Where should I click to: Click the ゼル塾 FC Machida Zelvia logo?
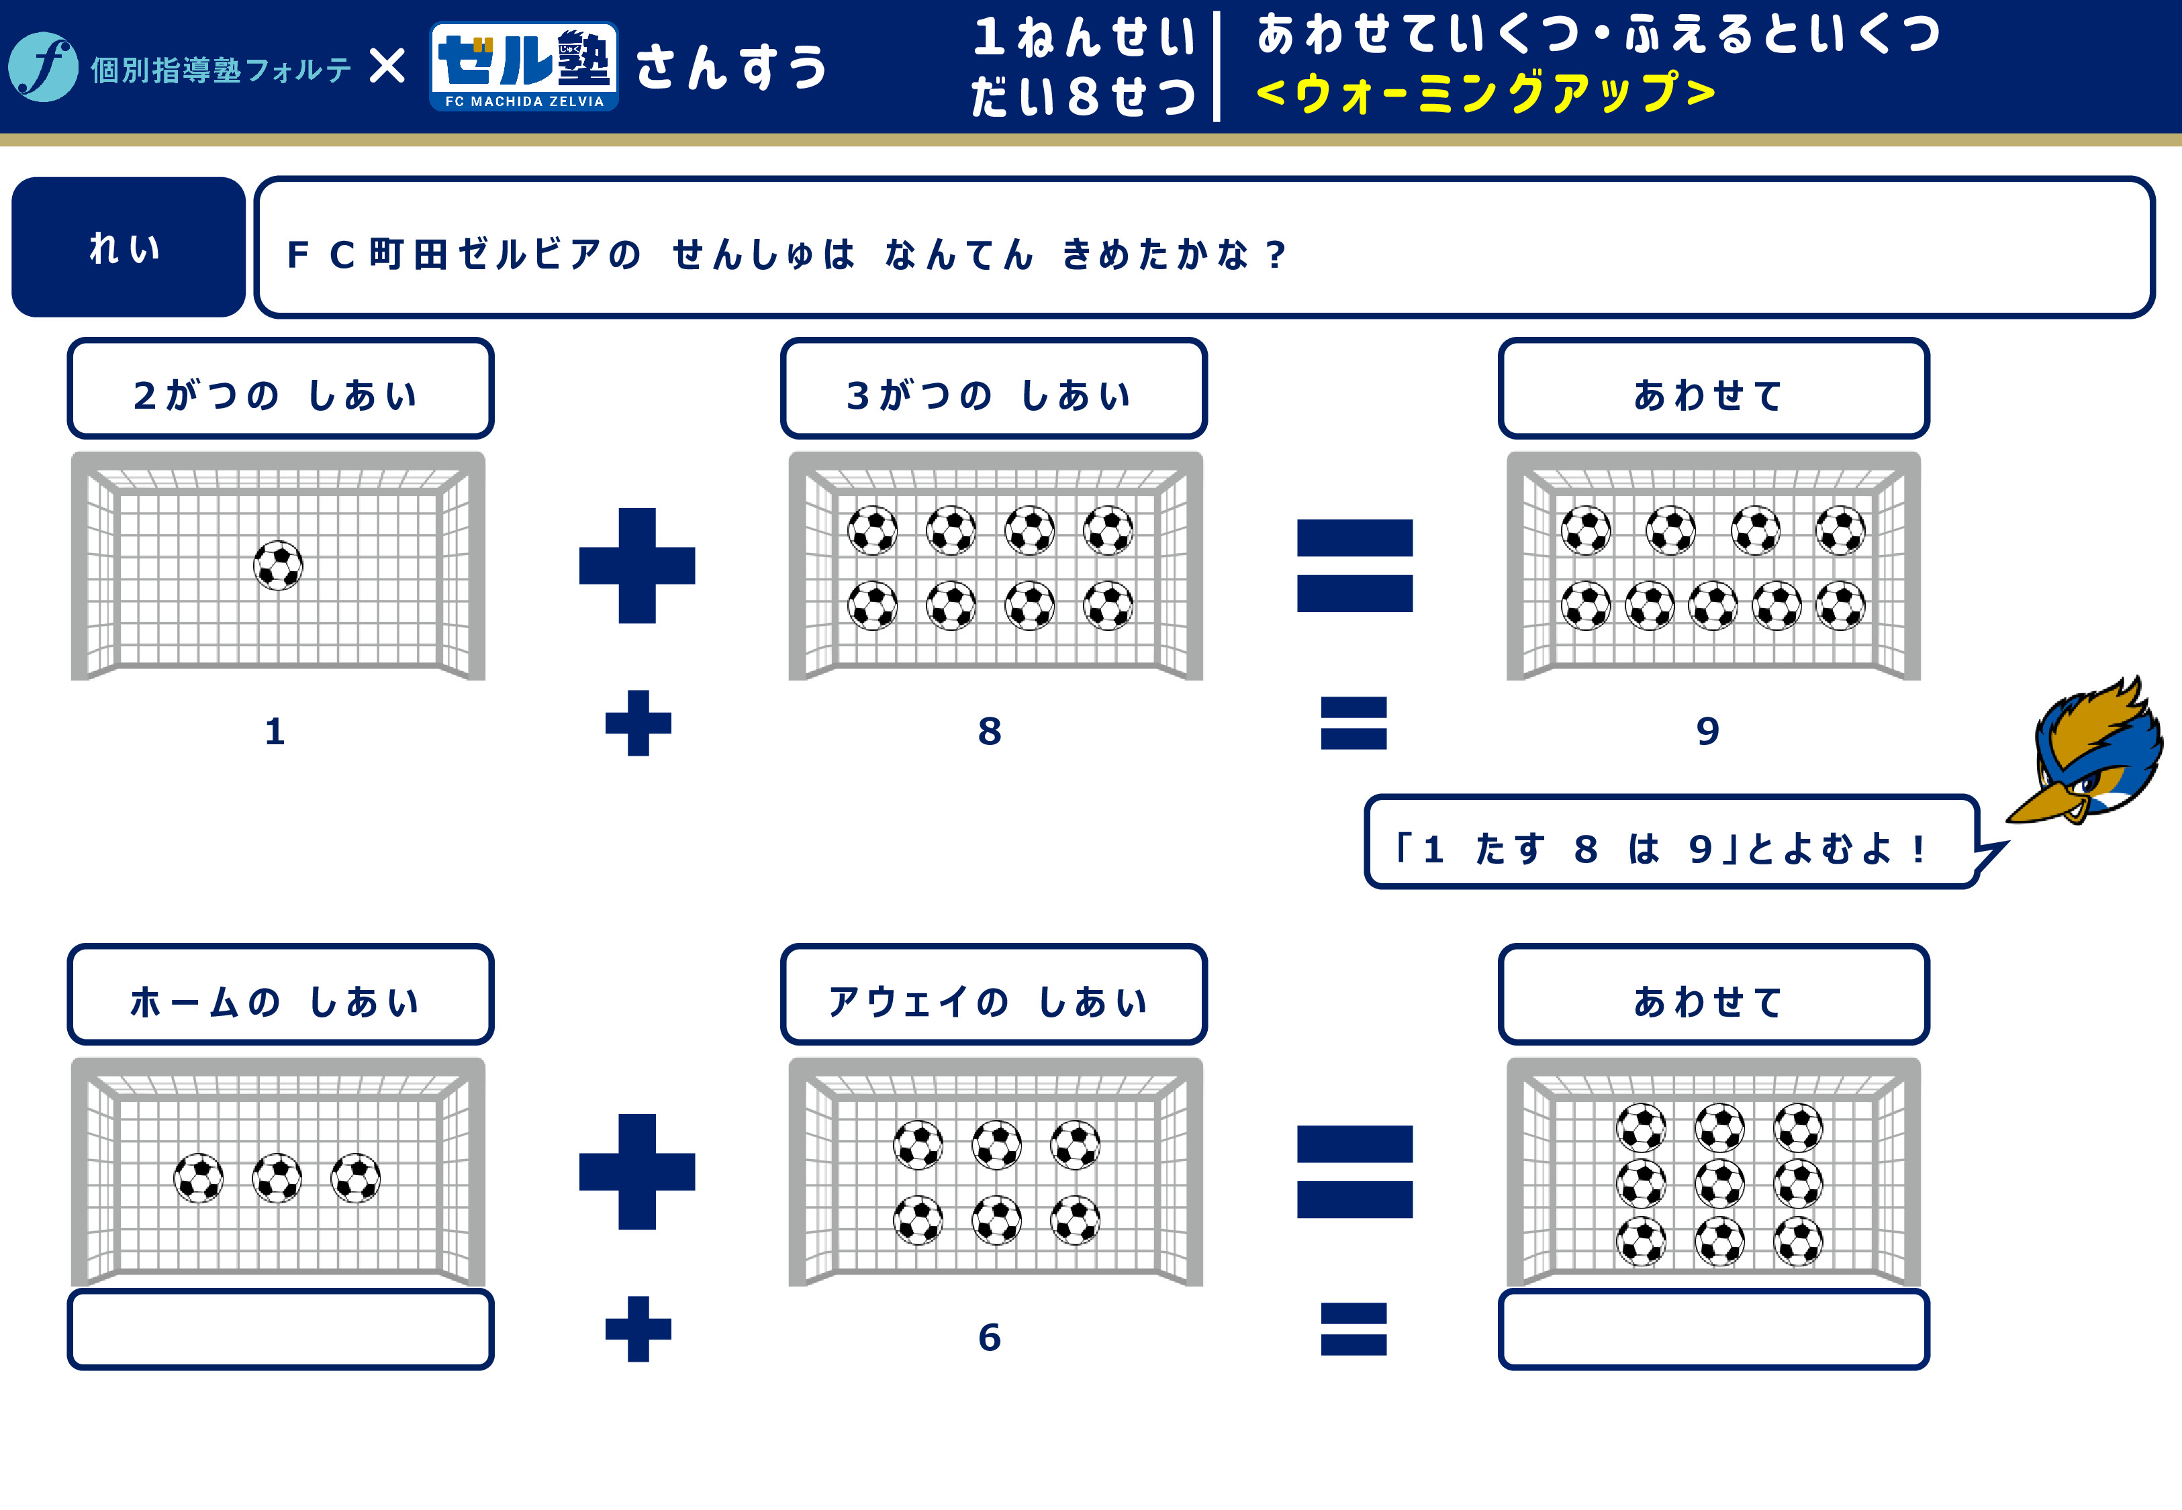click(x=524, y=66)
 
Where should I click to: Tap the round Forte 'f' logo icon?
click(x=42, y=66)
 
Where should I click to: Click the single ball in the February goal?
click(x=278, y=565)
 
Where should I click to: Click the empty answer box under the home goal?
click(x=280, y=1329)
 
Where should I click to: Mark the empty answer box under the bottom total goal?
click(x=1713, y=1329)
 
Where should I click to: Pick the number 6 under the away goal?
click(x=990, y=1337)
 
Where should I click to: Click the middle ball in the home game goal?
click(x=277, y=1178)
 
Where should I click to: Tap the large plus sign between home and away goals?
click(x=637, y=1171)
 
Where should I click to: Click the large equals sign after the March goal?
click(x=1355, y=566)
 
